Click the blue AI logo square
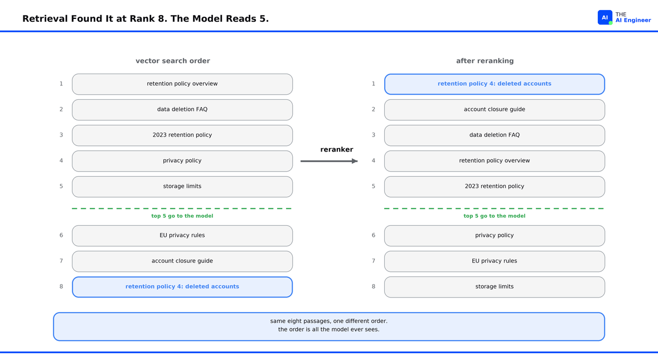pyautogui.click(x=604, y=18)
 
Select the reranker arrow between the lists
pyautogui.click(x=329, y=161)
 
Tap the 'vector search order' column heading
pyautogui.click(x=173, y=61)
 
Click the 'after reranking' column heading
pyautogui.click(x=485, y=61)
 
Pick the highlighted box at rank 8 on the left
pyautogui.click(x=182, y=287)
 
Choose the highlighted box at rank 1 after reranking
pyautogui.click(x=495, y=84)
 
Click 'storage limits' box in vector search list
pyautogui.click(x=182, y=187)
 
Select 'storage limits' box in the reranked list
pyautogui.click(x=495, y=287)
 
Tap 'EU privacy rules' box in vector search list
pyautogui.click(x=182, y=236)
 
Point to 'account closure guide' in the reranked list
pyautogui.click(x=495, y=110)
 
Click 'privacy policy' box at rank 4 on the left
pyautogui.click(x=182, y=161)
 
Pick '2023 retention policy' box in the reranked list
pyautogui.click(x=495, y=187)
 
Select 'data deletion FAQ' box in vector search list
pyautogui.click(x=182, y=110)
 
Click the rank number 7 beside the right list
pyautogui.click(x=374, y=261)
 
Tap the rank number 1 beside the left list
pyautogui.click(x=61, y=84)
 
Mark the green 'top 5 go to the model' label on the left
pyautogui.click(x=182, y=216)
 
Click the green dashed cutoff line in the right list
pyautogui.click(x=495, y=208)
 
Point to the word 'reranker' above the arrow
pyautogui.click(x=337, y=149)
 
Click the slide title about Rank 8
pyautogui.click(x=146, y=19)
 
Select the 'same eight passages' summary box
pyautogui.click(x=329, y=327)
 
